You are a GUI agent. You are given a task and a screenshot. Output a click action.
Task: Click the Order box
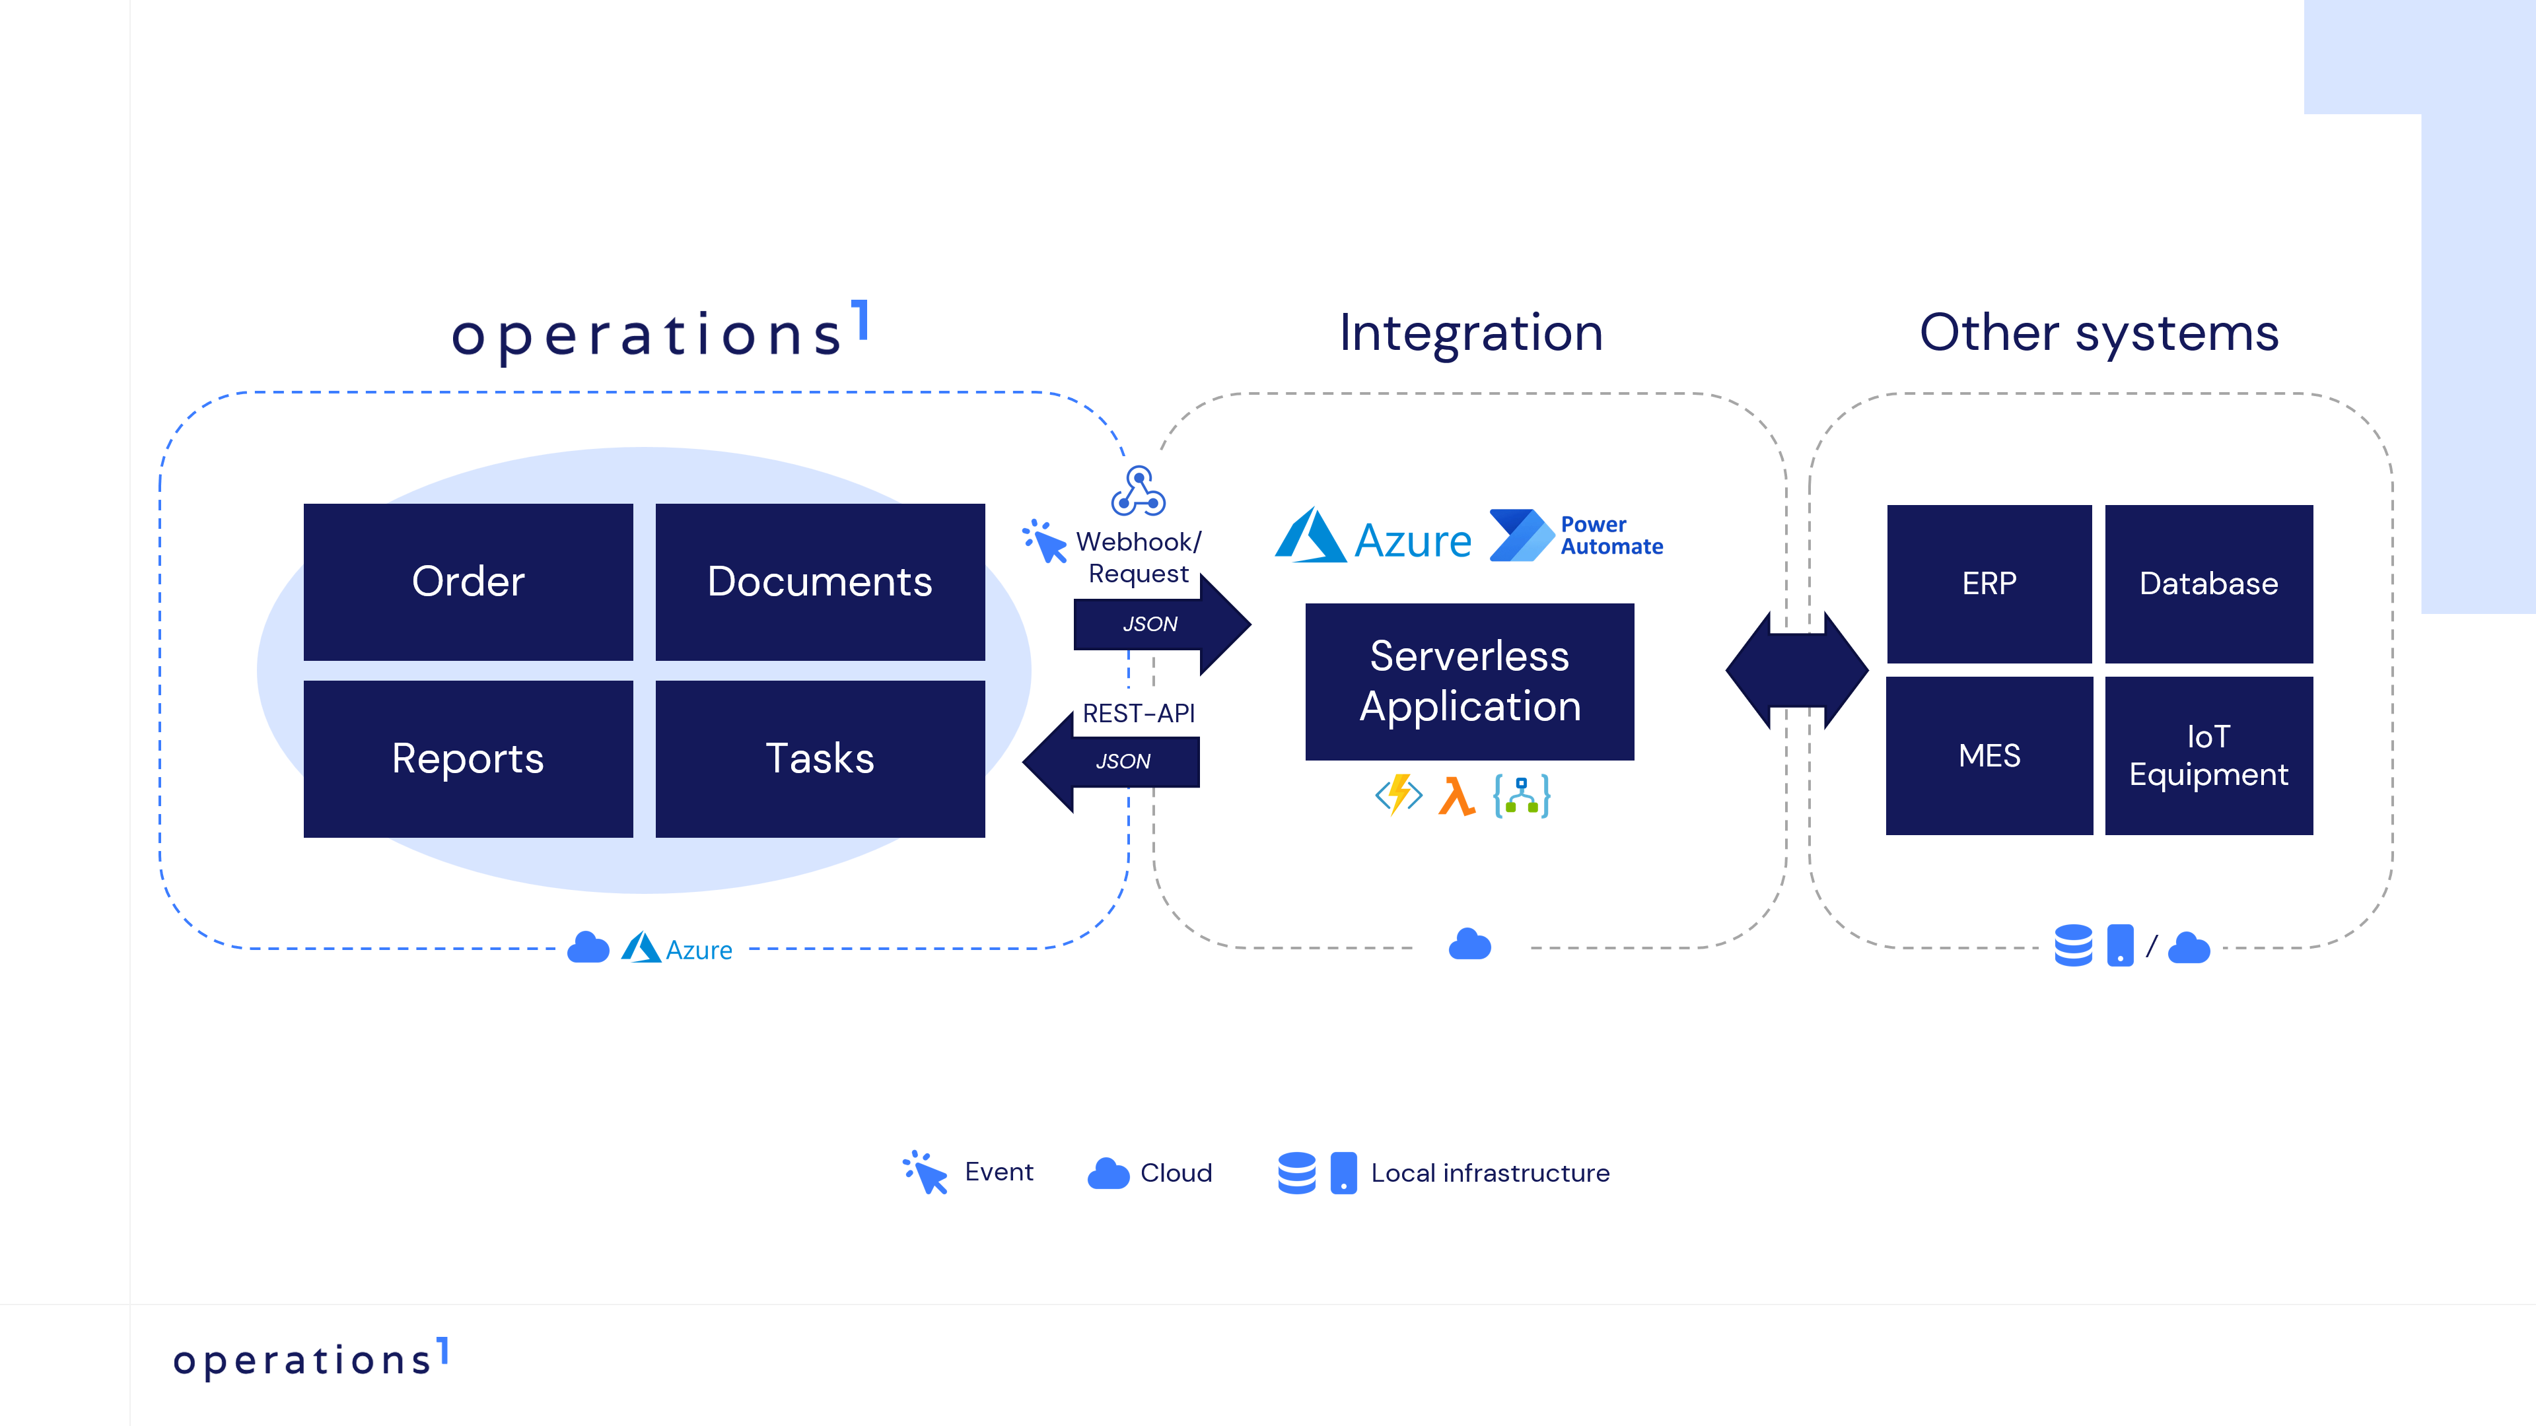(x=468, y=582)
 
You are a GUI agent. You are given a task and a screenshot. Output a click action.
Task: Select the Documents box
(x=819, y=582)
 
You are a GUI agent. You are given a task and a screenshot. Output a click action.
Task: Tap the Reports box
(x=468, y=759)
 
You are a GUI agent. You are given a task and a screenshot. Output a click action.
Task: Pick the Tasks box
(x=819, y=759)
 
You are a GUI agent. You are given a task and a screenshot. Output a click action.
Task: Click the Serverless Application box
(x=1469, y=681)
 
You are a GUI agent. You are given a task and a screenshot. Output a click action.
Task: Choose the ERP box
(x=1989, y=584)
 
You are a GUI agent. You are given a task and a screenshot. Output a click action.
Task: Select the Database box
(x=2208, y=584)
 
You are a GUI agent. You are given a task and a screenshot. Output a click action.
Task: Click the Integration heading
(x=1471, y=333)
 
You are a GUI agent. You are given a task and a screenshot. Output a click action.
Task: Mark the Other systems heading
(x=2099, y=333)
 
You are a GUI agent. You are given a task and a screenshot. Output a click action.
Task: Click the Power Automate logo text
(x=1611, y=535)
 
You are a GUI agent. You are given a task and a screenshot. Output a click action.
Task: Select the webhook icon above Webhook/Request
(x=1138, y=491)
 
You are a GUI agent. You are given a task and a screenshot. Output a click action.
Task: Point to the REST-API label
(x=1138, y=714)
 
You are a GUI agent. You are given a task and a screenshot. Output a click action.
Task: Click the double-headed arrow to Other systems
(x=1796, y=670)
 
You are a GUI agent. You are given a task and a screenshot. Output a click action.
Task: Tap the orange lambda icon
(x=1456, y=796)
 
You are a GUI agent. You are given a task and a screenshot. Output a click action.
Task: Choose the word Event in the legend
(x=999, y=1172)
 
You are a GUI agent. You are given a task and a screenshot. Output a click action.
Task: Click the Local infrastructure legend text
(x=1489, y=1173)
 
